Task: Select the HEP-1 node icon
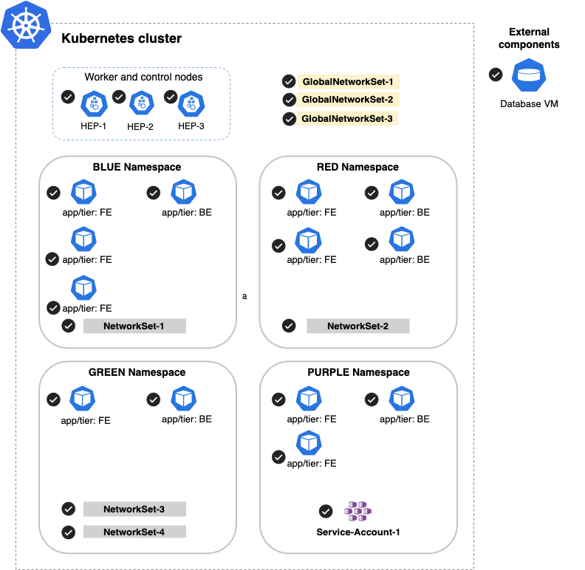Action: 94,104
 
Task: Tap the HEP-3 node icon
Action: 191,104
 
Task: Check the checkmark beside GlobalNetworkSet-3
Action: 289,119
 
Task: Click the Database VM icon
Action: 529,76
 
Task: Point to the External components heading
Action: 529,38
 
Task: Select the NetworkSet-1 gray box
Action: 134,326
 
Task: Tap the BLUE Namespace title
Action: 137,168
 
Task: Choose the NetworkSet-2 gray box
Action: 357,326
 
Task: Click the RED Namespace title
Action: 357,168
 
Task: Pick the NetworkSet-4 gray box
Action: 134,532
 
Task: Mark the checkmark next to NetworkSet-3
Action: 69,509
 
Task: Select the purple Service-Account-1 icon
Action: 358,511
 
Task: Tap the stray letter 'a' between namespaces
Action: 244,297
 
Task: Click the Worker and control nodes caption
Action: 143,78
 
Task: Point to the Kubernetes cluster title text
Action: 121,38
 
